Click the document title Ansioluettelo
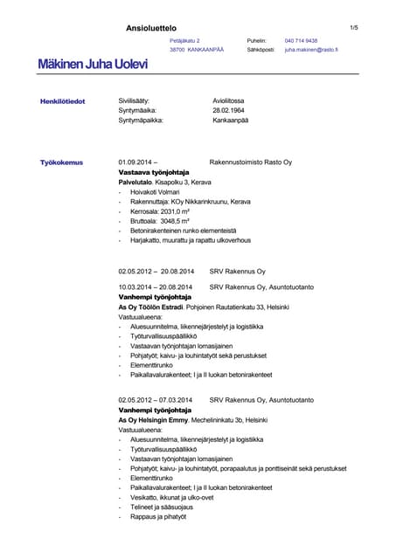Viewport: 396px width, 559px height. point(150,28)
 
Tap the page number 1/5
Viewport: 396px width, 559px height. point(354,28)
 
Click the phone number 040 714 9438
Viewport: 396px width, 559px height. point(301,41)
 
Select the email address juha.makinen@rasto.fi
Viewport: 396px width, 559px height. point(311,51)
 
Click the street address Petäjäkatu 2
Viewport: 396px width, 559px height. point(184,41)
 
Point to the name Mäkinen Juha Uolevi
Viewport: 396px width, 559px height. point(92,66)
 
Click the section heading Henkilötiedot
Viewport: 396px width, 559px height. point(62,101)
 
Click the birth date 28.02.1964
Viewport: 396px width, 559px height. point(229,111)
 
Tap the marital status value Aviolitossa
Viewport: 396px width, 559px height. point(229,101)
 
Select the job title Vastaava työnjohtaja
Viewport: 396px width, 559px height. point(154,173)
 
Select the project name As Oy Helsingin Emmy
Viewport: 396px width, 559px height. point(153,419)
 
